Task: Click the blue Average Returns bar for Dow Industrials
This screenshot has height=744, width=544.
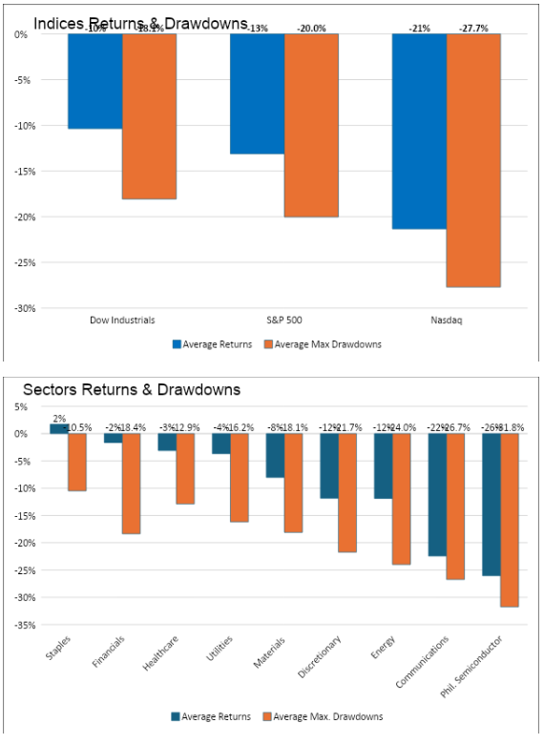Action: [94, 81]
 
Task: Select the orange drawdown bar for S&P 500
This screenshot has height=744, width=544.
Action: [311, 125]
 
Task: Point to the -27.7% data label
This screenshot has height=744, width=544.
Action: [473, 29]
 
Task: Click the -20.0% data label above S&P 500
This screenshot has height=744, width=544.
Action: [311, 29]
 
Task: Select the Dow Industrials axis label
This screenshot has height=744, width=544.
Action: [122, 320]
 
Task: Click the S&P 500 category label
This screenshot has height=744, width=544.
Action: [284, 320]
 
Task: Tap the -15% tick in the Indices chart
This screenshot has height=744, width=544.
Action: [20, 172]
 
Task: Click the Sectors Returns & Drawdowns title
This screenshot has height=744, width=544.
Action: [132, 389]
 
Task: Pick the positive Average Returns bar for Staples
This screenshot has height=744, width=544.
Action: [59, 428]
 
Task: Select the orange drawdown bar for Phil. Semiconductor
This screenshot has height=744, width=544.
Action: [510, 520]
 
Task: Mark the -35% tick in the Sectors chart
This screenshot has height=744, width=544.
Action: [20, 625]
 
